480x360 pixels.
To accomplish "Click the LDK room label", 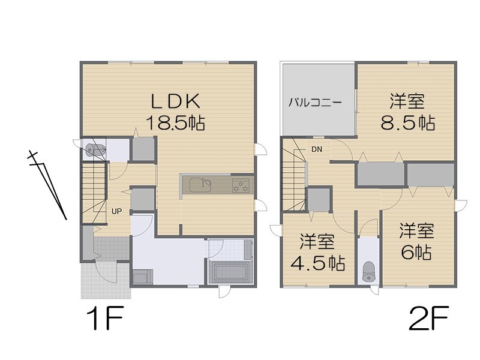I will pos(175,99).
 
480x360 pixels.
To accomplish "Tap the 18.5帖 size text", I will pos(175,123).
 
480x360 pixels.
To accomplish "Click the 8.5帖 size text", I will pos(407,122).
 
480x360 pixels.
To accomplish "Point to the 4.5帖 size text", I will pos(317,263).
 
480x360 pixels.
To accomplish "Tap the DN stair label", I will pos(317,149).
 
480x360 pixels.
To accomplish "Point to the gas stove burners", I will pos(242,185).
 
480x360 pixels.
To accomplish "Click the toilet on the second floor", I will pos(368,271).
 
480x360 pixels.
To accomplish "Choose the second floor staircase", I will pos(294,174).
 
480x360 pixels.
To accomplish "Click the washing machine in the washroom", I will pos(142,277).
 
